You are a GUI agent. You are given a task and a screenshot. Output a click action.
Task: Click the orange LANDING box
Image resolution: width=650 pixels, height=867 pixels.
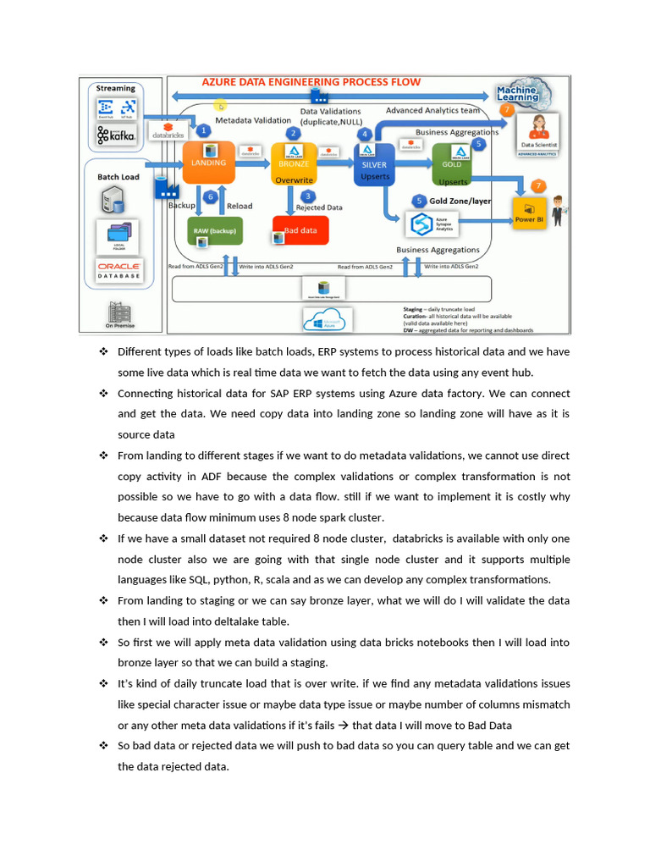point(208,163)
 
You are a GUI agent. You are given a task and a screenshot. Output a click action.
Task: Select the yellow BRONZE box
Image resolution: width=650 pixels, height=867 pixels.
point(294,163)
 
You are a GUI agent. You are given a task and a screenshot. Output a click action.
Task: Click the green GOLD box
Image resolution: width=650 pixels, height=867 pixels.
point(452,164)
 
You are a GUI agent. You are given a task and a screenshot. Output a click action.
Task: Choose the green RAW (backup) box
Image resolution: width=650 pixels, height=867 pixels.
point(214,230)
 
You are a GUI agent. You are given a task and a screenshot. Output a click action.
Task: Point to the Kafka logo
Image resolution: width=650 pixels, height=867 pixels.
point(116,135)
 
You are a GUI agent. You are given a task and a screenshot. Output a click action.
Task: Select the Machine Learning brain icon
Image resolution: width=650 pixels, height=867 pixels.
point(517,93)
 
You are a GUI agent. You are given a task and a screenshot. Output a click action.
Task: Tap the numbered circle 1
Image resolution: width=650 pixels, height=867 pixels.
point(203,131)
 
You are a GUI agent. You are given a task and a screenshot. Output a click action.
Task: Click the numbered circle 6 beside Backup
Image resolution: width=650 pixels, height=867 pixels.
point(212,196)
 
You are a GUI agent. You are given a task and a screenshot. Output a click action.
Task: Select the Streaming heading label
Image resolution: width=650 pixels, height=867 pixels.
point(116,88)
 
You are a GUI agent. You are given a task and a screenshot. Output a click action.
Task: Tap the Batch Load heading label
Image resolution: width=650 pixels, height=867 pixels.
point(118,177)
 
